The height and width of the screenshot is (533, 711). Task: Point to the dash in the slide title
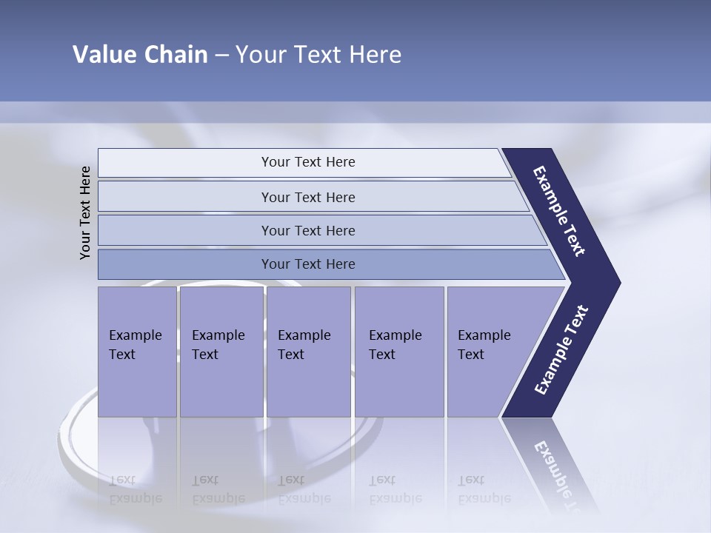pyautogui.click(x=221, y=56)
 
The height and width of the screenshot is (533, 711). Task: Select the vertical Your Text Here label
pyautogui.click(x=85, y=212)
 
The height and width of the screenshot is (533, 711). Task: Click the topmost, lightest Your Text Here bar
pyautogui.click(x=308, y=162)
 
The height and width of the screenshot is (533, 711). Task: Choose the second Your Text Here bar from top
pyautogui.click(x=308, y=197)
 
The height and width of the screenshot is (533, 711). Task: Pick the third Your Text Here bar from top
pyautogui.click(x=308, y=230)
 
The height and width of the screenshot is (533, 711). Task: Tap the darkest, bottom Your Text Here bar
pyautogui.click(x=308, y=264)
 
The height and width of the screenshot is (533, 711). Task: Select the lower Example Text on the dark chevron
pyautogui.click(x=561, y=349)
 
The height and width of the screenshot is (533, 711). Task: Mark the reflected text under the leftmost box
pyautogui.click(x=135, y=489)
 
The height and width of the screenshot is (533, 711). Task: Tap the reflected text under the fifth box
pyautogui.click(x=484, y=489)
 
